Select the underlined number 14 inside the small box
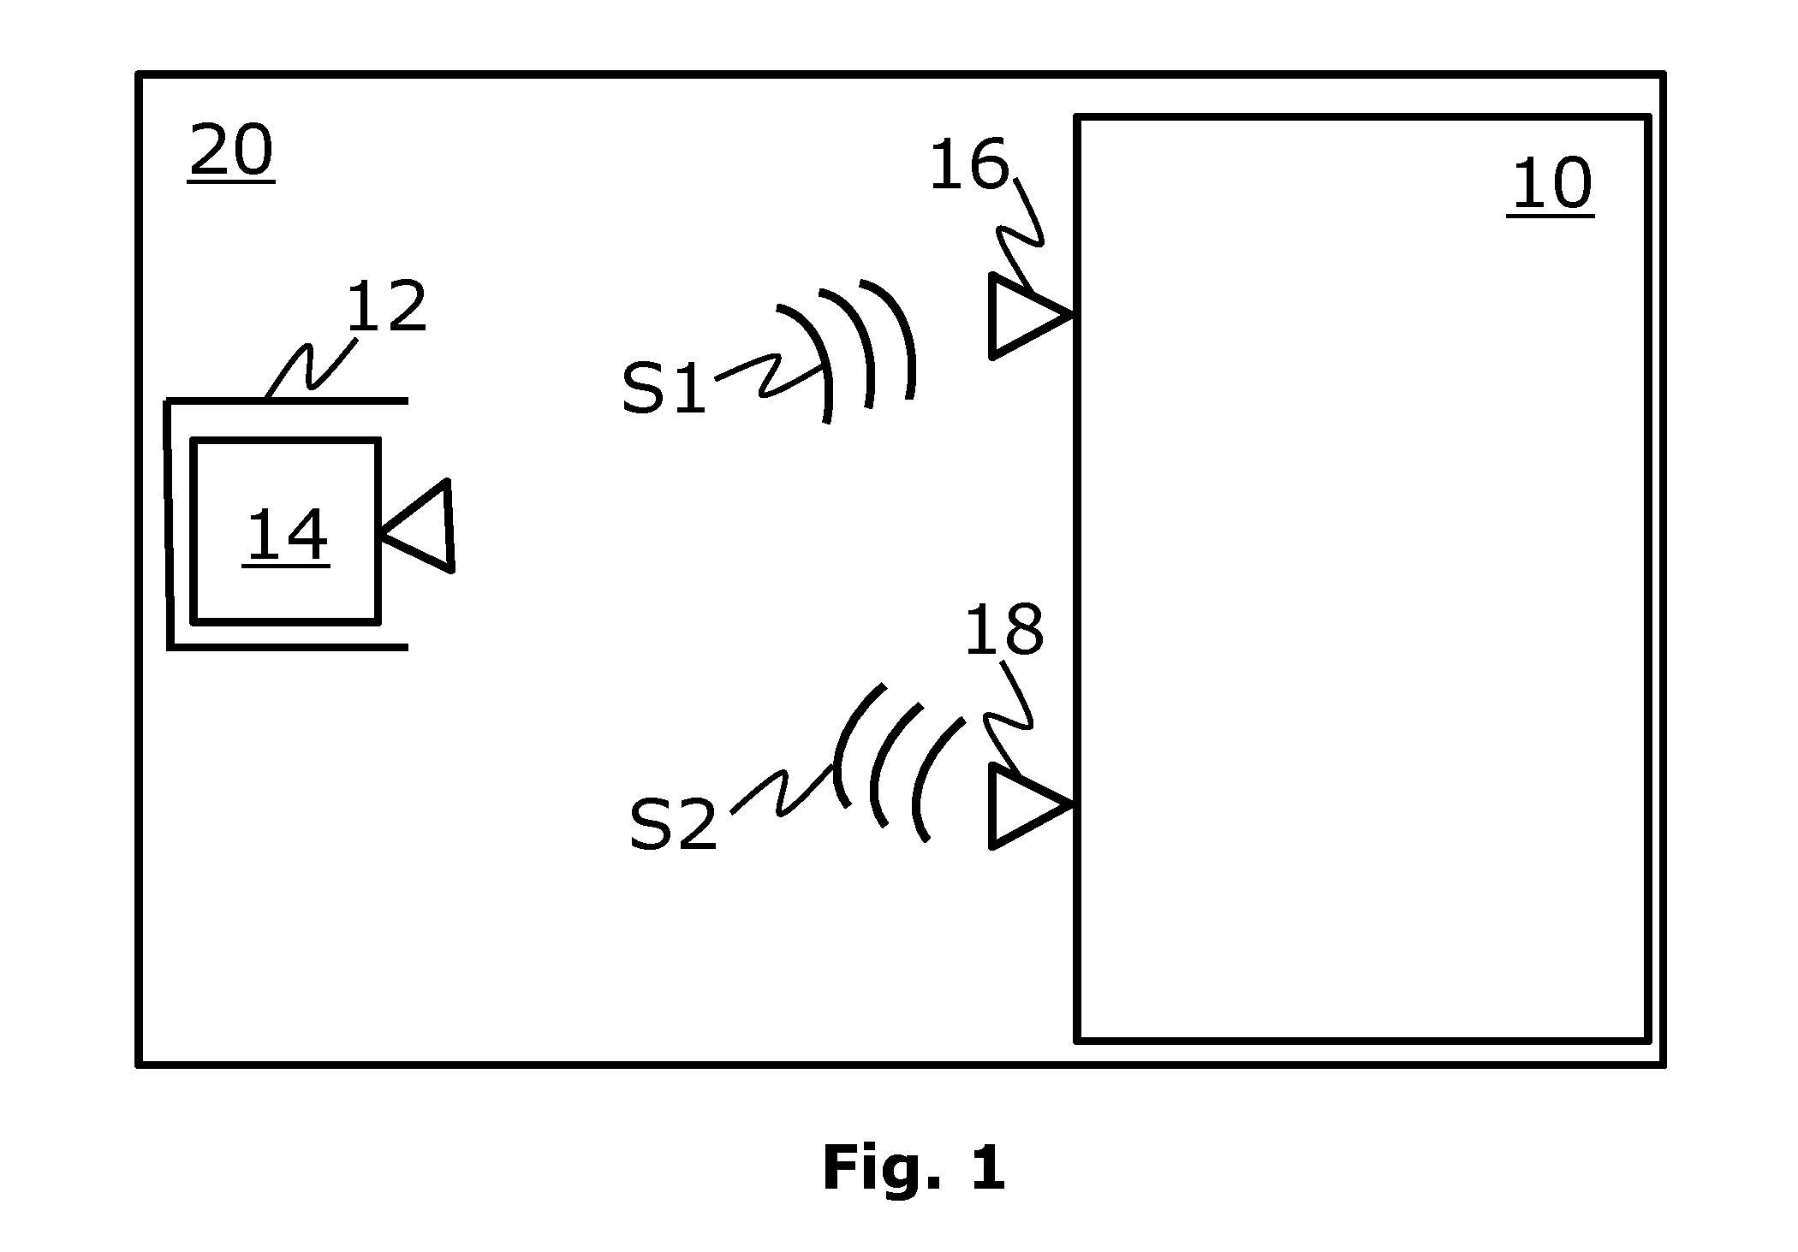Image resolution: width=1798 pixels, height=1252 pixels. [x=286, y=537]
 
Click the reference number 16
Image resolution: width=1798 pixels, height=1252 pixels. [x=969, y=164]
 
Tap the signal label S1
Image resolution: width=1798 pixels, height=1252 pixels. [x=664, y=388]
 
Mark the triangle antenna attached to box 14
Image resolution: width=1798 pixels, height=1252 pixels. [x=417, y=526]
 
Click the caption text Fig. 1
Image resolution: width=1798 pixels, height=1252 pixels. [x=914, y=1168]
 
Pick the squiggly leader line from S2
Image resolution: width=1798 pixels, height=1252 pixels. [x=783, y=792]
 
